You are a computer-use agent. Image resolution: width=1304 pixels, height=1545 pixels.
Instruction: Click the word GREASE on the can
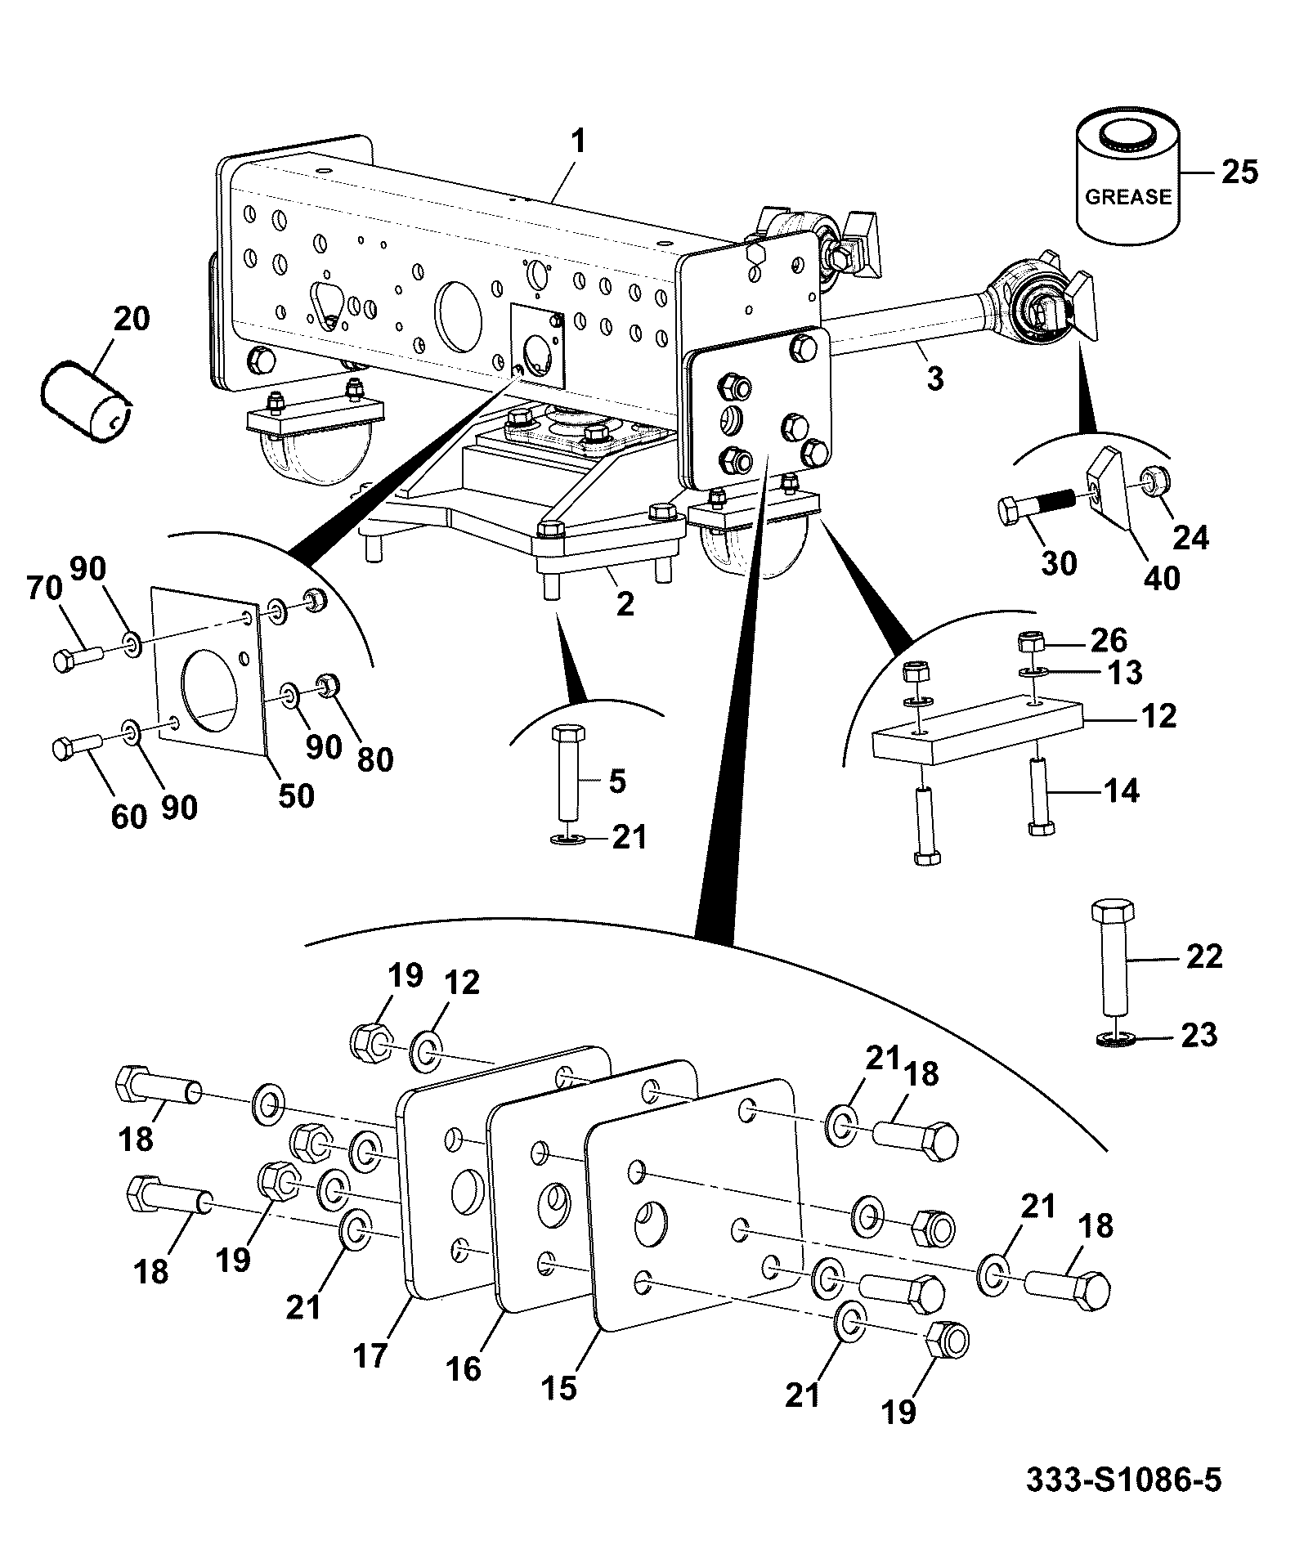[x=1127, y=197]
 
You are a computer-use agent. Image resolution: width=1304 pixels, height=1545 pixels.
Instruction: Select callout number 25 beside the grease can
[x=1239, y=172]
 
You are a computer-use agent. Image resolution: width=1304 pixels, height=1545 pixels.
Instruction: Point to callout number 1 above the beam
[x=578, y=143]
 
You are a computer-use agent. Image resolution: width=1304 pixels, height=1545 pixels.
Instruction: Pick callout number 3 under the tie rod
[x=934, y=378]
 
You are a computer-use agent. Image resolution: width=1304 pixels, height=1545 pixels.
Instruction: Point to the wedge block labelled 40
[x=1111, y=490]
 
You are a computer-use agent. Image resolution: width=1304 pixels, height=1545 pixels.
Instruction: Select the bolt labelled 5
[x=567, y=772]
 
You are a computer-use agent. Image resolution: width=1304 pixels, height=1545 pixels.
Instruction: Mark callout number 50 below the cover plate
[x=295, y=795]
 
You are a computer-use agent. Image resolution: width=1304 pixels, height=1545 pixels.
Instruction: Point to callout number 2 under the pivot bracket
[x=625, y=604]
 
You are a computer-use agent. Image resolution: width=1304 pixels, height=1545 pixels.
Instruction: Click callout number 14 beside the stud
[x=1120, y=790]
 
